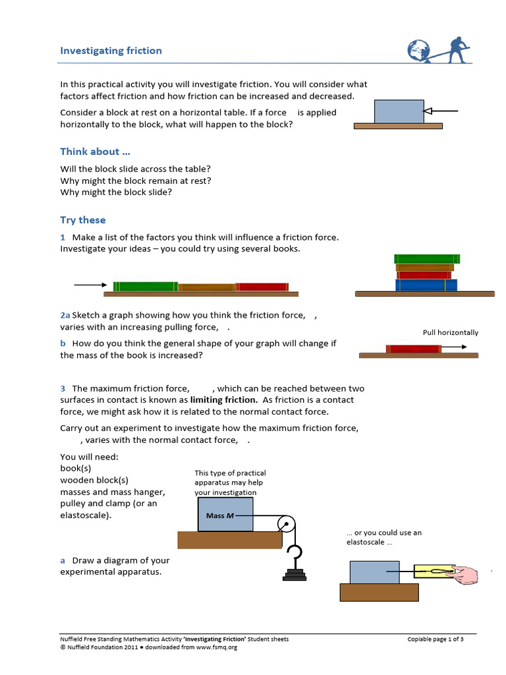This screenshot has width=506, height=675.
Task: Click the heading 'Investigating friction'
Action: tap(111, 51)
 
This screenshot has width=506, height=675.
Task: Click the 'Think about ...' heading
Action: tap(90, 151)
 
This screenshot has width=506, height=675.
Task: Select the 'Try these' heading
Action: tap(82, 220)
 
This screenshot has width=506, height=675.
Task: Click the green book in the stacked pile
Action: tap(427, 259)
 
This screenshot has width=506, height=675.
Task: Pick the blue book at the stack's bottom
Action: tap(426, 285)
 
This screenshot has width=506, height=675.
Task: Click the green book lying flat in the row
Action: tap(145, 287)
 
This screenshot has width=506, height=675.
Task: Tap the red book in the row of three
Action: tap(262, 287)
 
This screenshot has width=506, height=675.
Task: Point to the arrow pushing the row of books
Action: tap(90, 285)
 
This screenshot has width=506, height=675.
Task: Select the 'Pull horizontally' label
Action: tap(450, 333)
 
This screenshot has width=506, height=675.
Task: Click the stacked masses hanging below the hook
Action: tap(295, 574)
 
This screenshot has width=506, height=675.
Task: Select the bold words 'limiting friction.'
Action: tap(223, 400)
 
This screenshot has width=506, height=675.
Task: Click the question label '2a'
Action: tap(65, 316)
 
